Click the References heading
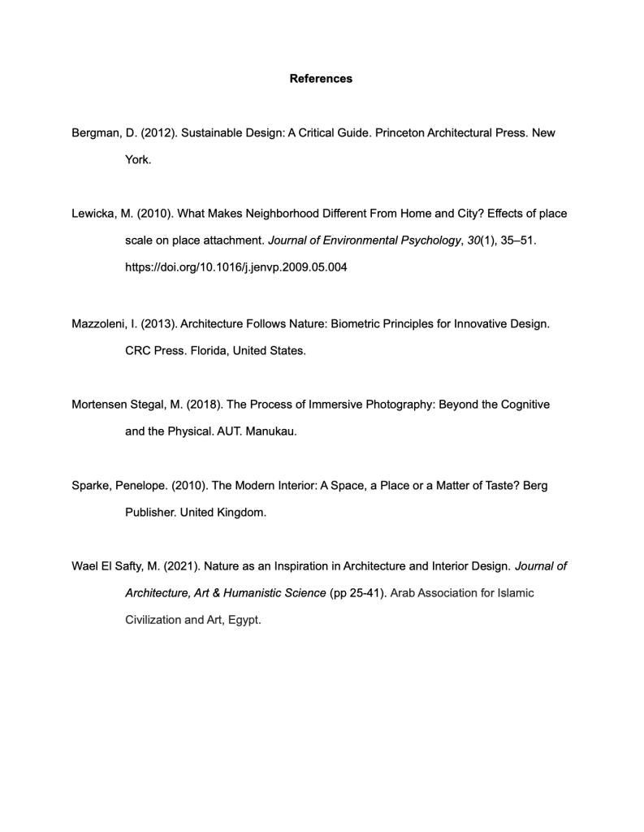pyautogui.click(x=321, y=79)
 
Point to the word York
pyautogui.click(x=137, y=160)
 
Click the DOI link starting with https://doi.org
pyautogui.click(x=236, y=267)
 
